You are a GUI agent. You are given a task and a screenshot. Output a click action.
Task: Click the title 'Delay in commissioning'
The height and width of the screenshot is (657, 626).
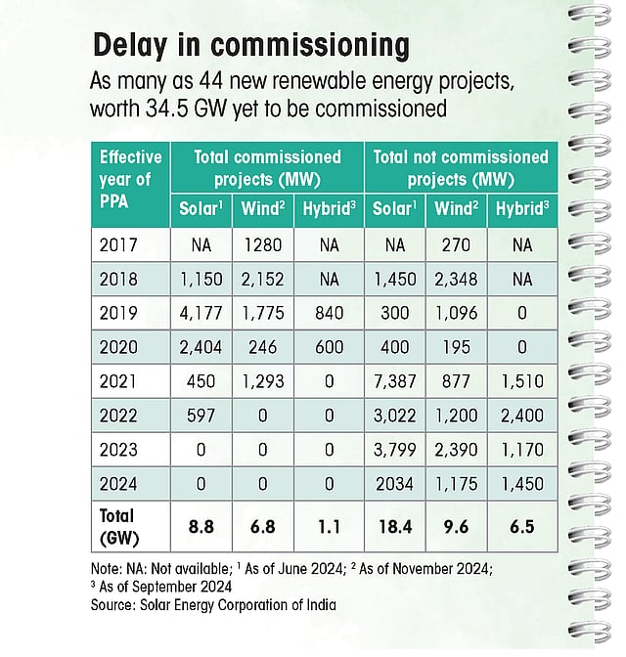point(250,46)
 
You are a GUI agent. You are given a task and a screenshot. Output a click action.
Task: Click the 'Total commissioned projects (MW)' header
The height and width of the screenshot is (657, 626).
point(267,168)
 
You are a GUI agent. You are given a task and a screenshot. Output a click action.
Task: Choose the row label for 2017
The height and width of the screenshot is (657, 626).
point(118,243)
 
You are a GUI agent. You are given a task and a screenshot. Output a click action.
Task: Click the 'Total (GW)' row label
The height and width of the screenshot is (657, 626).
point(118,525)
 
